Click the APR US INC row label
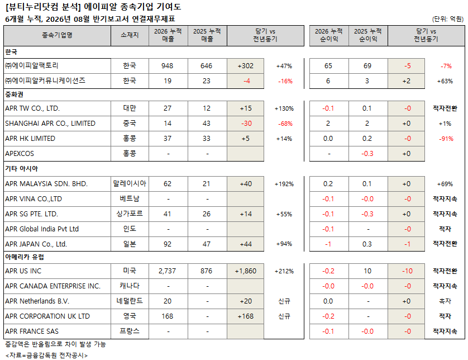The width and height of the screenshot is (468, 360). (23, 271)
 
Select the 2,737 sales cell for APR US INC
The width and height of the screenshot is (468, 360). (167, 271)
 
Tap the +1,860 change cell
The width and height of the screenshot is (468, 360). (245, 271)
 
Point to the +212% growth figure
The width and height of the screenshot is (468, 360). (284, 271)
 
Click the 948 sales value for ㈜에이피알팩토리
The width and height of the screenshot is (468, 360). (167, 66)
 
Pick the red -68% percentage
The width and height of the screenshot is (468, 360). (285, 124)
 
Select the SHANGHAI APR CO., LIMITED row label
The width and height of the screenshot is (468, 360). (50, 124)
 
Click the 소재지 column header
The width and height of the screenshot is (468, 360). (130, 35)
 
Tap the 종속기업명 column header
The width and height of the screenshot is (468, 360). (57, 35)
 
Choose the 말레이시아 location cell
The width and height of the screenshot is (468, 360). (130, 183)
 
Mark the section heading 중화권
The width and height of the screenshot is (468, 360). (14, 94)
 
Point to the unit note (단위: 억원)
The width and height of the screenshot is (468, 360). (448, 19)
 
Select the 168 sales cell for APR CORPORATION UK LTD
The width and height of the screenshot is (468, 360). (167, 316)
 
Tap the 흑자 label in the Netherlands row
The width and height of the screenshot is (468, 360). (445, 301)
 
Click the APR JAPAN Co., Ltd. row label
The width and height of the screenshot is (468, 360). (36, 244)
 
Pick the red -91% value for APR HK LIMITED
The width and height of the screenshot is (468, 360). (446, 139)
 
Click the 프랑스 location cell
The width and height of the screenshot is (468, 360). (130, 331)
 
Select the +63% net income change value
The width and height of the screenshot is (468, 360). (445, 81)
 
